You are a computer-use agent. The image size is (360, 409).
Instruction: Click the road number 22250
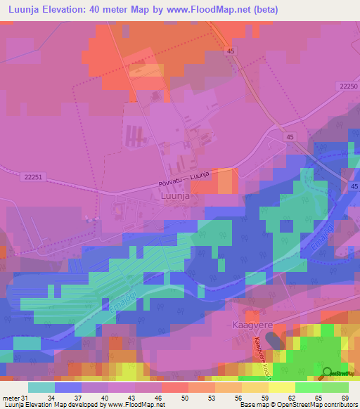347,86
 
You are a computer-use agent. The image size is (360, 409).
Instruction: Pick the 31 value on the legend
26,398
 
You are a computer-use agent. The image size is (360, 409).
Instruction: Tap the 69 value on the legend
344,398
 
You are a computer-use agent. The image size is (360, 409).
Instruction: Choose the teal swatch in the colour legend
41,387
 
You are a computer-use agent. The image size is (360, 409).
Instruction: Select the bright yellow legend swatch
281,387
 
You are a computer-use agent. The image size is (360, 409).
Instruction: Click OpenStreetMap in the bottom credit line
287,405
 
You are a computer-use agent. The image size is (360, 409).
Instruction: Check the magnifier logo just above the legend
328,373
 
